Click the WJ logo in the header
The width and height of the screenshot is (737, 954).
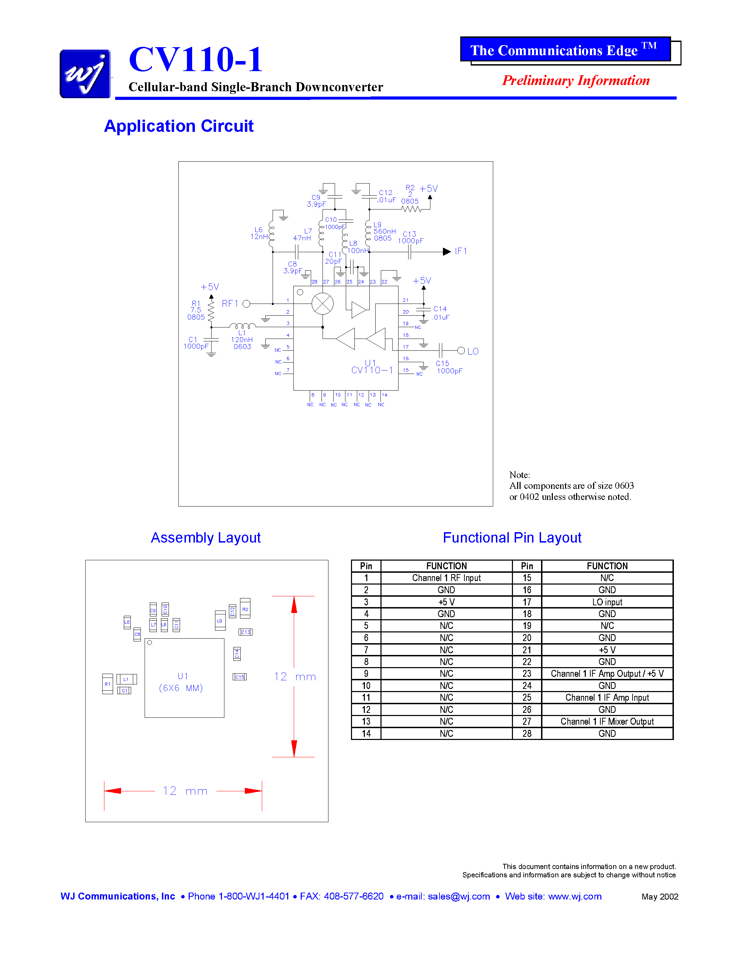pyautogui.click(x=85, y=74)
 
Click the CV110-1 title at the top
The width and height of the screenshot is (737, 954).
pyautogui.click(x=196, y=60)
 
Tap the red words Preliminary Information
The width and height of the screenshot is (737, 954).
pyautogui.click(x=575, y=81)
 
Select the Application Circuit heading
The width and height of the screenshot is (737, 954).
pyautogui.click(x=179, y=126)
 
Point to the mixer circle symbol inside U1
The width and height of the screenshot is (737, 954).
pyautogui.click(x=322, y=304)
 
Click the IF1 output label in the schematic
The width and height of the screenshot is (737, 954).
pyautogui.click(x=461, y=251)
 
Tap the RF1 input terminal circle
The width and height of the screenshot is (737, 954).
pyautogui.click(x=246, y=304)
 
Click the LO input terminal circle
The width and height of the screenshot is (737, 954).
pyautogui.click(x=461, y=350)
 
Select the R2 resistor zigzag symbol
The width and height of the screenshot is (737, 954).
pyautogui.click(x=411, y=210)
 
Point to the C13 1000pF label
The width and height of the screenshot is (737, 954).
pyautogui.click(x=410, y=238)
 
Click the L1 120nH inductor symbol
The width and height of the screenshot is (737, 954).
pyautogui.click(x=242, y=326)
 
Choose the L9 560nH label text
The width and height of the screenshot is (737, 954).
pyautogui.click(x=383, y=231)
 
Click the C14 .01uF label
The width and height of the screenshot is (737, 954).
pyautogui.click(x=440, y=313)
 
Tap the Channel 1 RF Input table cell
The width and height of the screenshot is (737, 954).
pyautogui.click(x=446, y=578)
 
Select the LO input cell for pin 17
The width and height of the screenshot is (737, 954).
pyautogui.click(x=607, y=602)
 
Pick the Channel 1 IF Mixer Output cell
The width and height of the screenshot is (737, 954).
pyautogui.click(x=607, y=722)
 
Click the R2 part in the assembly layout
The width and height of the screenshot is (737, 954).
pyautogui.click(x=245, y=609)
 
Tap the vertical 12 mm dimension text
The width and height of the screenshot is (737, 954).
pyautogui.click(x=295, y=676)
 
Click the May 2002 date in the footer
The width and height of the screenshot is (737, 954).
pyautogui.click(x=660, y=897)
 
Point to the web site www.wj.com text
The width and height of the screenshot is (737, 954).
pyautogui.click(x=553, y=896)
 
